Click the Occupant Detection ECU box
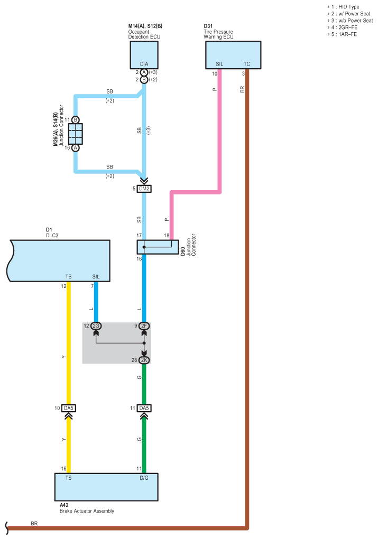tap(144, 55)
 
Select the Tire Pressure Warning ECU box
tap(233, 55)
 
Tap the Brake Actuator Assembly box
tap(106, 487)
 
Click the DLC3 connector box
tap(59, 260)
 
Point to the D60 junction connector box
tap(158, 247)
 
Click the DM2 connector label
tap(144, 189)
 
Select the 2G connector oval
tap(96, 326)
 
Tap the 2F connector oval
tap(144, 326)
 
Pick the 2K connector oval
tap(144, 360)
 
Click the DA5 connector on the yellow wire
tap(69, 408)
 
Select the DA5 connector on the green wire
tap(144, 408)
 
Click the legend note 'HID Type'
tap(349, 7)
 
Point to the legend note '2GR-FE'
tap(348, 27)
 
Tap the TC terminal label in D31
tap(247, 64)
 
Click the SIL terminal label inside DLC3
tap(96, 276)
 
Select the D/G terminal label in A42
tap(144, 478)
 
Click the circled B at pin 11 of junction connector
tap(76, 120)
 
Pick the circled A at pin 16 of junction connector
tap(76, 148)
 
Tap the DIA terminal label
tap(144, 64)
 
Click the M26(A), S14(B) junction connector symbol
tap(76, 134)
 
